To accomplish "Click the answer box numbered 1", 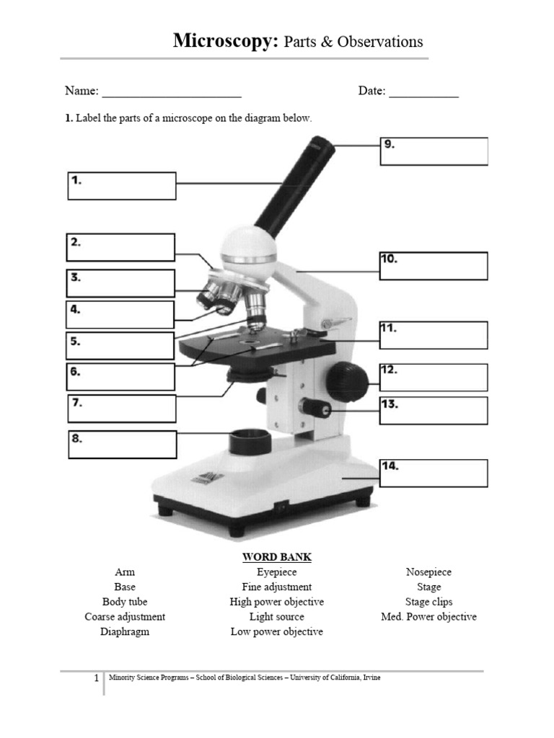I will pos(122,186).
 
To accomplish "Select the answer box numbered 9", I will pos(434,151).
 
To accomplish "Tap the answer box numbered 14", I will pos(434,474).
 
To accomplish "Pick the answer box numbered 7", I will pos(122,409).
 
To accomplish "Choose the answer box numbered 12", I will pos(434,378).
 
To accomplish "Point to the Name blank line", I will pos(172,92).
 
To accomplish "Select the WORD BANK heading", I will pos(277,557).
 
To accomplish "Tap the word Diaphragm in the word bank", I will pos(125,632).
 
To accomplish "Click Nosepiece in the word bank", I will pos(428,572).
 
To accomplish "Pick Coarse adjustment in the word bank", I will pos(125,617).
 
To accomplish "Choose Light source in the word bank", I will pos(277,617).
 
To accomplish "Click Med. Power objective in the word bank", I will pos(428,617).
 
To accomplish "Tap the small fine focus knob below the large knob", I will pos(316,408).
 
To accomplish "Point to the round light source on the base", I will pos(250,440).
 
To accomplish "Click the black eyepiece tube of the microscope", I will pos(296,187).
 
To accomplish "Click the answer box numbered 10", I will pos(434,266).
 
